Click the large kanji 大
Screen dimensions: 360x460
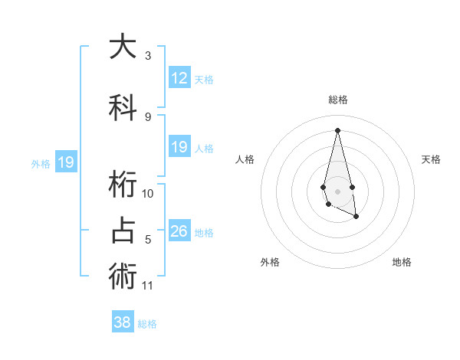[123, 47]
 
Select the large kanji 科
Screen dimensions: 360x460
[123, 107]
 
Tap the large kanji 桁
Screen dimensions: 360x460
[123, 185]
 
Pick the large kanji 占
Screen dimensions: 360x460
[123, 231]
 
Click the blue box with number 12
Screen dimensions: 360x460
[179, 78]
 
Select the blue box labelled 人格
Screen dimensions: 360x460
[179, 148]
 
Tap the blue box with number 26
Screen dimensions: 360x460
[179, 231]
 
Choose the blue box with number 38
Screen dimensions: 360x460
[123, 322]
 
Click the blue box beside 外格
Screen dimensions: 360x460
[65, 162]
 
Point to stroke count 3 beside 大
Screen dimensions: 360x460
[148, 56]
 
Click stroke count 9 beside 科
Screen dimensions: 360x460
[148, 116]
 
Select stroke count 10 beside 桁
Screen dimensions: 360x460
[148, 194]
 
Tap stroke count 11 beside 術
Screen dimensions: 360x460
[148, 286]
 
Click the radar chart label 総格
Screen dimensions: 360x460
[338, 100]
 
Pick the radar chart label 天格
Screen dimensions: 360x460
[432, 159]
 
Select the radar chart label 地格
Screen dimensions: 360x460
[402, 262]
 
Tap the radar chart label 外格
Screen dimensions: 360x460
[270, 262]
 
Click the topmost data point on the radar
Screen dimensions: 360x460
[337, 130]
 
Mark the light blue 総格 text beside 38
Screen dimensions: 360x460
[147, 324]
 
